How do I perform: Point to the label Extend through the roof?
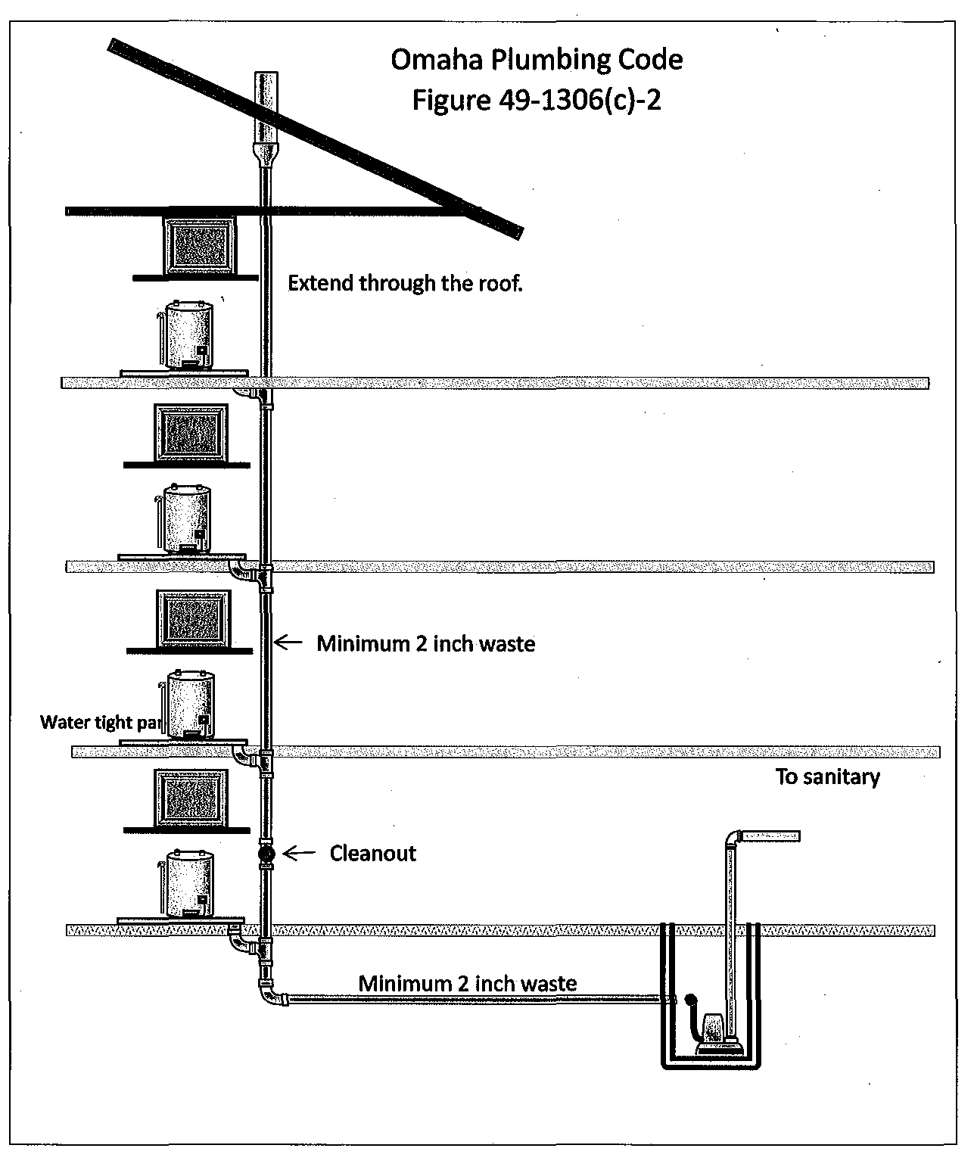point(405,283)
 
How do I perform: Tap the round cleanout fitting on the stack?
point(266,854)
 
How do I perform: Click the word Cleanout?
point(372,854)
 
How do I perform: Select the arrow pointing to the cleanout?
point(299,854)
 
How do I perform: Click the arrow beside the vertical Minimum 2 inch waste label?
point(288,643)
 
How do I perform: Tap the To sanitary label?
point(827,777)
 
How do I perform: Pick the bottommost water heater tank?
point(188,884)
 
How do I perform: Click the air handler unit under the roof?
point(198,246)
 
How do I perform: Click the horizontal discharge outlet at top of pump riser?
point(770,836)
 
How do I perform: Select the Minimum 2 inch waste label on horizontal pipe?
point(467,983)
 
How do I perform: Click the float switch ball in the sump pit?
point(689,999)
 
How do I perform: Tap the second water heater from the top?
point(187,518)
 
